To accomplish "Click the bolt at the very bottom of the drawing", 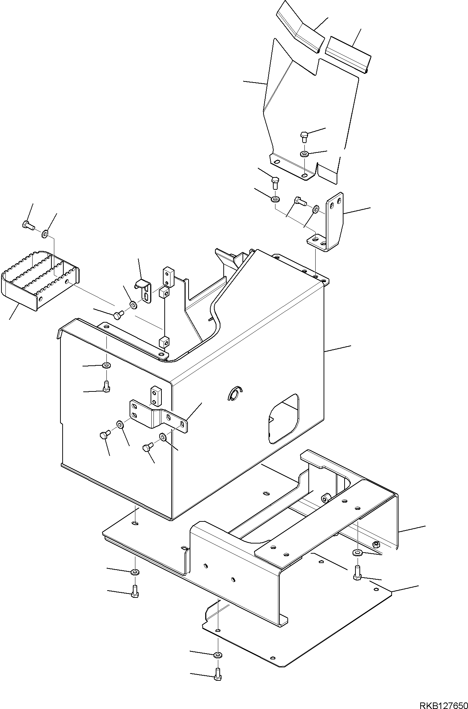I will (x=217, y=674).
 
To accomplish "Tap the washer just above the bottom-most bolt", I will (x=218, y=654).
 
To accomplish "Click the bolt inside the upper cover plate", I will (x=304, y=137).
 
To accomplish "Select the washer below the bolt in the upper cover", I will (x=304, y=154).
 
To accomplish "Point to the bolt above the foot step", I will (x=28, y=226).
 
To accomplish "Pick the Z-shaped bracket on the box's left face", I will (x=159, y=416).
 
